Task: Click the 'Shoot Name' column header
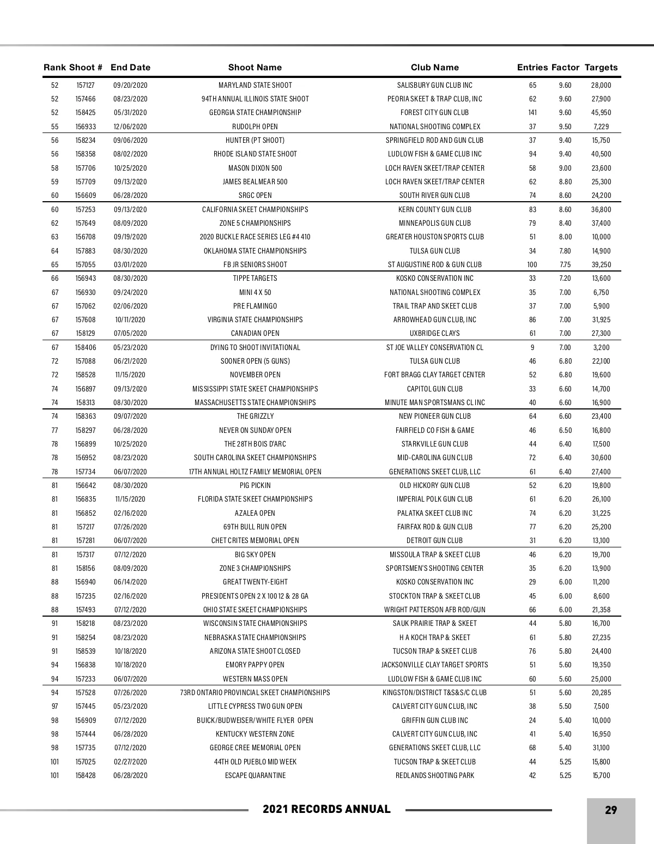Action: click(255, 68)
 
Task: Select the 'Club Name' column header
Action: click(434, 68)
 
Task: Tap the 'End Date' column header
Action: click(130, 68)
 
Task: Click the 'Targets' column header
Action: click(601, 68)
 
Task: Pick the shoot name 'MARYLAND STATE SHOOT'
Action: click(255, 85)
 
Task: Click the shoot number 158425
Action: click(85, 113)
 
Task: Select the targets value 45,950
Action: click(601, 113)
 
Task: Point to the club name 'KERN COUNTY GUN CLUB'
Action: click(434, 209)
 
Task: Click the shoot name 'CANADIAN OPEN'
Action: click(255, 334)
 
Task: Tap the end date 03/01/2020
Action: click(130, 265)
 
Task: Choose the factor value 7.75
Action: click(565, 265)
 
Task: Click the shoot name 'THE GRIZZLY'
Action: click(255, 417)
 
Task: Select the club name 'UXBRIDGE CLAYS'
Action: click(434, 334)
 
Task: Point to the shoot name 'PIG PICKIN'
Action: click(255, 486)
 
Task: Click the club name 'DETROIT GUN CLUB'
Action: click(434, 541)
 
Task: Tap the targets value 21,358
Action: click(601, 610)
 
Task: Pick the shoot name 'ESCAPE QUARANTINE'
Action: click(255, 776)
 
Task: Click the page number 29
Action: click(611, 810)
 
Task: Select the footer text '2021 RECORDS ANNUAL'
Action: click(326, 810)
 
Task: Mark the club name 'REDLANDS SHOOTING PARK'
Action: click(434, 776)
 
